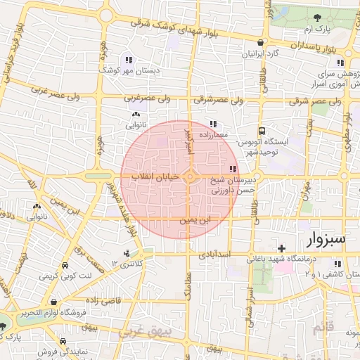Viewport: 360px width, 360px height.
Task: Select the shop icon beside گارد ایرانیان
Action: [261, 42]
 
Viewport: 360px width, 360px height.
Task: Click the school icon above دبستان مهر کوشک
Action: [128, 59]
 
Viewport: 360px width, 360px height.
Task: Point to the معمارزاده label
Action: [211, 134]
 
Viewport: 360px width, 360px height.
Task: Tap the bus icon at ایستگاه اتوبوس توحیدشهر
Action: [262, 131]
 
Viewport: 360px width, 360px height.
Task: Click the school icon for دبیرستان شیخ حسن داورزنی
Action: [233, 169]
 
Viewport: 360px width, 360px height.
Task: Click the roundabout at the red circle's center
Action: [191, 176]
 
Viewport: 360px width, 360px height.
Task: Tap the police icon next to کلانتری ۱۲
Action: [127, 252]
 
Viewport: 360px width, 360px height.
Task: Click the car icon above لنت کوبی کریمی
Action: [65, 266]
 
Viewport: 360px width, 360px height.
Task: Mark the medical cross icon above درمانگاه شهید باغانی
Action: [282, 248]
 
